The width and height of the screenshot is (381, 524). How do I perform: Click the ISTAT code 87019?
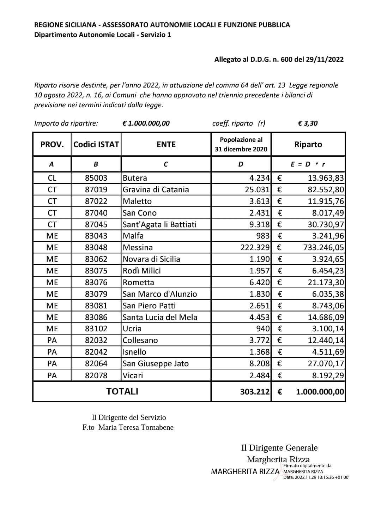96,189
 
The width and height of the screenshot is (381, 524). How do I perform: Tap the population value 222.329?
255,247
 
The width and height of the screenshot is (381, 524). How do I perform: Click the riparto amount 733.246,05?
323,247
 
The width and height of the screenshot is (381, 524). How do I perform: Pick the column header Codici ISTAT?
96,144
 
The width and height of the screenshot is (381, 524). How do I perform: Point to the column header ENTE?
166,144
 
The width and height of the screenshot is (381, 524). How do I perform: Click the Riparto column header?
308,144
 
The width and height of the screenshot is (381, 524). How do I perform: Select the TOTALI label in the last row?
122,391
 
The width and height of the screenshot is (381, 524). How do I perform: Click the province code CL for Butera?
52,178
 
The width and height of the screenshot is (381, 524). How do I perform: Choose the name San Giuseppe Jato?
156,363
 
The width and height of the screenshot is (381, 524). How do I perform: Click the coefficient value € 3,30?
308,123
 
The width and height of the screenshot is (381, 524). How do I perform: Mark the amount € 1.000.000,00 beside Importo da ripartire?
146,123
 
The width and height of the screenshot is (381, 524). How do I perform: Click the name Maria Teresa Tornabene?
136,427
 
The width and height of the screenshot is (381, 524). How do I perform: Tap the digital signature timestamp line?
316,477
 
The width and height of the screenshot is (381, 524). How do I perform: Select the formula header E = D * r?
308,164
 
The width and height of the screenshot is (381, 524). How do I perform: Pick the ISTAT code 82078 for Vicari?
96,375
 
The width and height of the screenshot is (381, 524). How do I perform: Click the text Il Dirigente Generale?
279,448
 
